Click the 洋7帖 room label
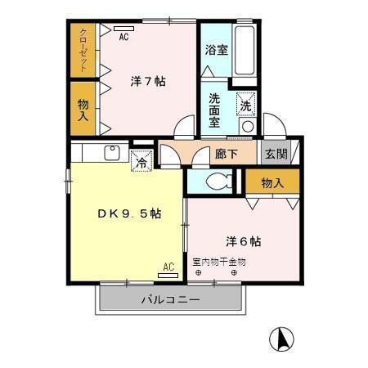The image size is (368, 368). point(149,82)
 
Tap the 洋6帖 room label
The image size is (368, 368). point(243,241)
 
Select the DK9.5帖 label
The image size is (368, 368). point(129,214)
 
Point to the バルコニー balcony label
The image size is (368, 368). point(170,299)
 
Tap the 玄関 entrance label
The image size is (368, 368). point(276,153)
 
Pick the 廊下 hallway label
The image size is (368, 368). point(227,153)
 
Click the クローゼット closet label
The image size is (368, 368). point(83,50)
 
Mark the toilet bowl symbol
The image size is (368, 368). point(217,182)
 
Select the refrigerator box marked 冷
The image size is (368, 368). point(141,160)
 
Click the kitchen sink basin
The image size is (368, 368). point(112,152)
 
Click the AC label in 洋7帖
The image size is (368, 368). point(124,37)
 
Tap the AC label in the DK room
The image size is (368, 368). point(168,267)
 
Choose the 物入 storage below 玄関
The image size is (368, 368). point(272,182)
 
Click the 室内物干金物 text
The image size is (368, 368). point(218,263)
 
